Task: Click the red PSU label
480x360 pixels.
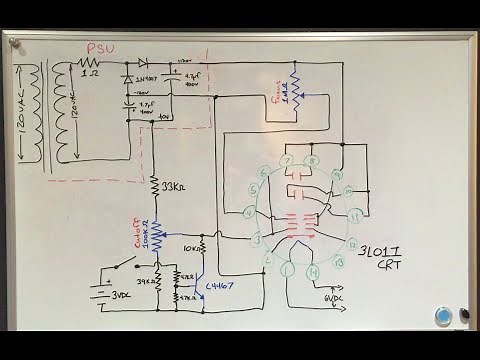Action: pos(103,47)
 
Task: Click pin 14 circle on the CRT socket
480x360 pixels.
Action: pos(314,269)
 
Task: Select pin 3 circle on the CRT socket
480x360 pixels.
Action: pos(257,239)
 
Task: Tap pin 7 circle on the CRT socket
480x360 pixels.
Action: pos(287,159)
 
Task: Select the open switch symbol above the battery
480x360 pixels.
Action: pos(126,266)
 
